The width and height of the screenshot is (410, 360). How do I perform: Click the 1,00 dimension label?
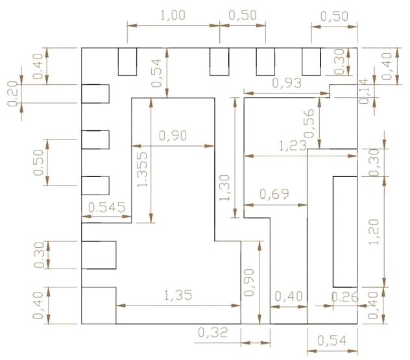click(x=173, y=16)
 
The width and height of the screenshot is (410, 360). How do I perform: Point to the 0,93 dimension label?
click(x=286, y=83)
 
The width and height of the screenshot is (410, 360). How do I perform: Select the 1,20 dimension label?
click(x=374, y=232)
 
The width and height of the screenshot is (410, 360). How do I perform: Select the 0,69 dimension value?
click(x=273, y=194)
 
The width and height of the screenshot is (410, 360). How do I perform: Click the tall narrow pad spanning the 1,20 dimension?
click(x=345, y=232)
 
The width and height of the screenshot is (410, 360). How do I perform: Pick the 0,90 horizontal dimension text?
click(x=173, y=136)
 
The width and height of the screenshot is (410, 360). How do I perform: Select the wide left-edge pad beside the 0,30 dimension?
click(x=98, y=255)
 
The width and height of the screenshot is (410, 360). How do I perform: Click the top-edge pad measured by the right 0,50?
click(x=311, y=62)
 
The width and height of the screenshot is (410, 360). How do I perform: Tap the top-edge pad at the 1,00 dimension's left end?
click(x=127, y=62)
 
